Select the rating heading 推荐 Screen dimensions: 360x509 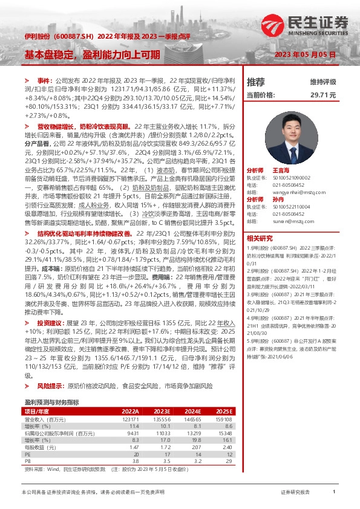click(x=257, y=82)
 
